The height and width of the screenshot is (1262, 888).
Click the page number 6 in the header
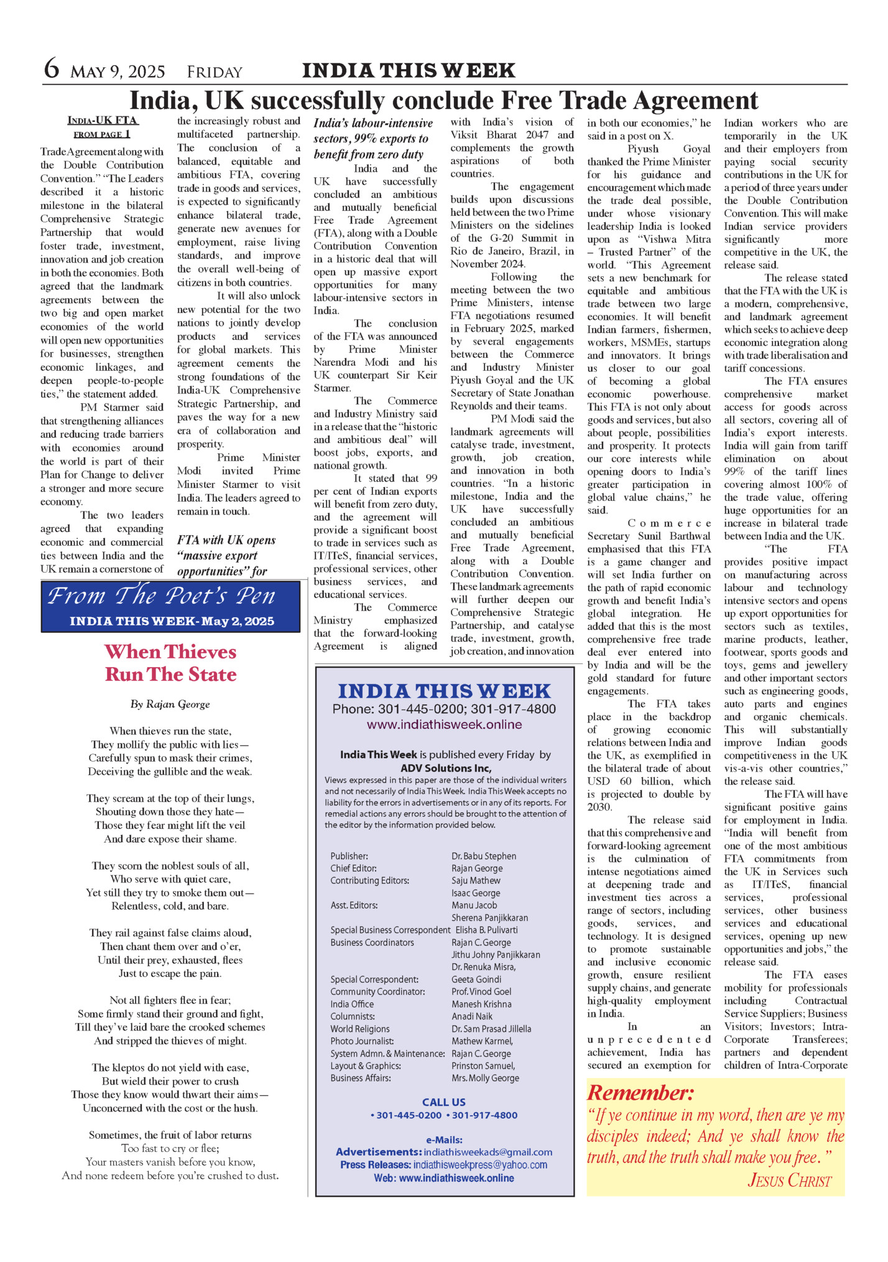(52, 68)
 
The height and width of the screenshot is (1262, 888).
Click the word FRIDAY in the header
(215, 72)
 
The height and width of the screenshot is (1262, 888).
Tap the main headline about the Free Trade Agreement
(443, 100)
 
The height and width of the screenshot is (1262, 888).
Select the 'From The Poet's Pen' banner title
(162, 596)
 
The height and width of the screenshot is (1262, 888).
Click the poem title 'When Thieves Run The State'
(170, 663)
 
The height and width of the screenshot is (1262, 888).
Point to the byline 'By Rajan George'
(170, 704)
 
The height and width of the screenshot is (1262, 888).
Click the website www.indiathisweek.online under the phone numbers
(444, 724)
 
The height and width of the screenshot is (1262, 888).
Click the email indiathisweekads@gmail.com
(488, 1152)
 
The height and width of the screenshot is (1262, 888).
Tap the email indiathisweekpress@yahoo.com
(480, 1164)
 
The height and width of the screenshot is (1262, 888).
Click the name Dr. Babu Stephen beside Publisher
(484, 856)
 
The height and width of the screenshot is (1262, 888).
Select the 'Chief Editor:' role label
(353, 868)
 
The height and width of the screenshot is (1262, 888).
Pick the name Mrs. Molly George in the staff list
(485, 1078)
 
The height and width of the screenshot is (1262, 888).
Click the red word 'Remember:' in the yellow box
(641, 1093)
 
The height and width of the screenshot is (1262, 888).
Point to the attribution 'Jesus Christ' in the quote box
(789, 1180)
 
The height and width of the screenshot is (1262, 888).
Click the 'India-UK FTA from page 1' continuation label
(103, 127)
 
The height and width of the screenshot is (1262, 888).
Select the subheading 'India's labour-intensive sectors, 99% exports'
(373, 139)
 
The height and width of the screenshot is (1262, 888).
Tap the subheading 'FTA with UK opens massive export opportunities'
(226, 556)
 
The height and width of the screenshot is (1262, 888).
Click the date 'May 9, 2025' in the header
(118, 72)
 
